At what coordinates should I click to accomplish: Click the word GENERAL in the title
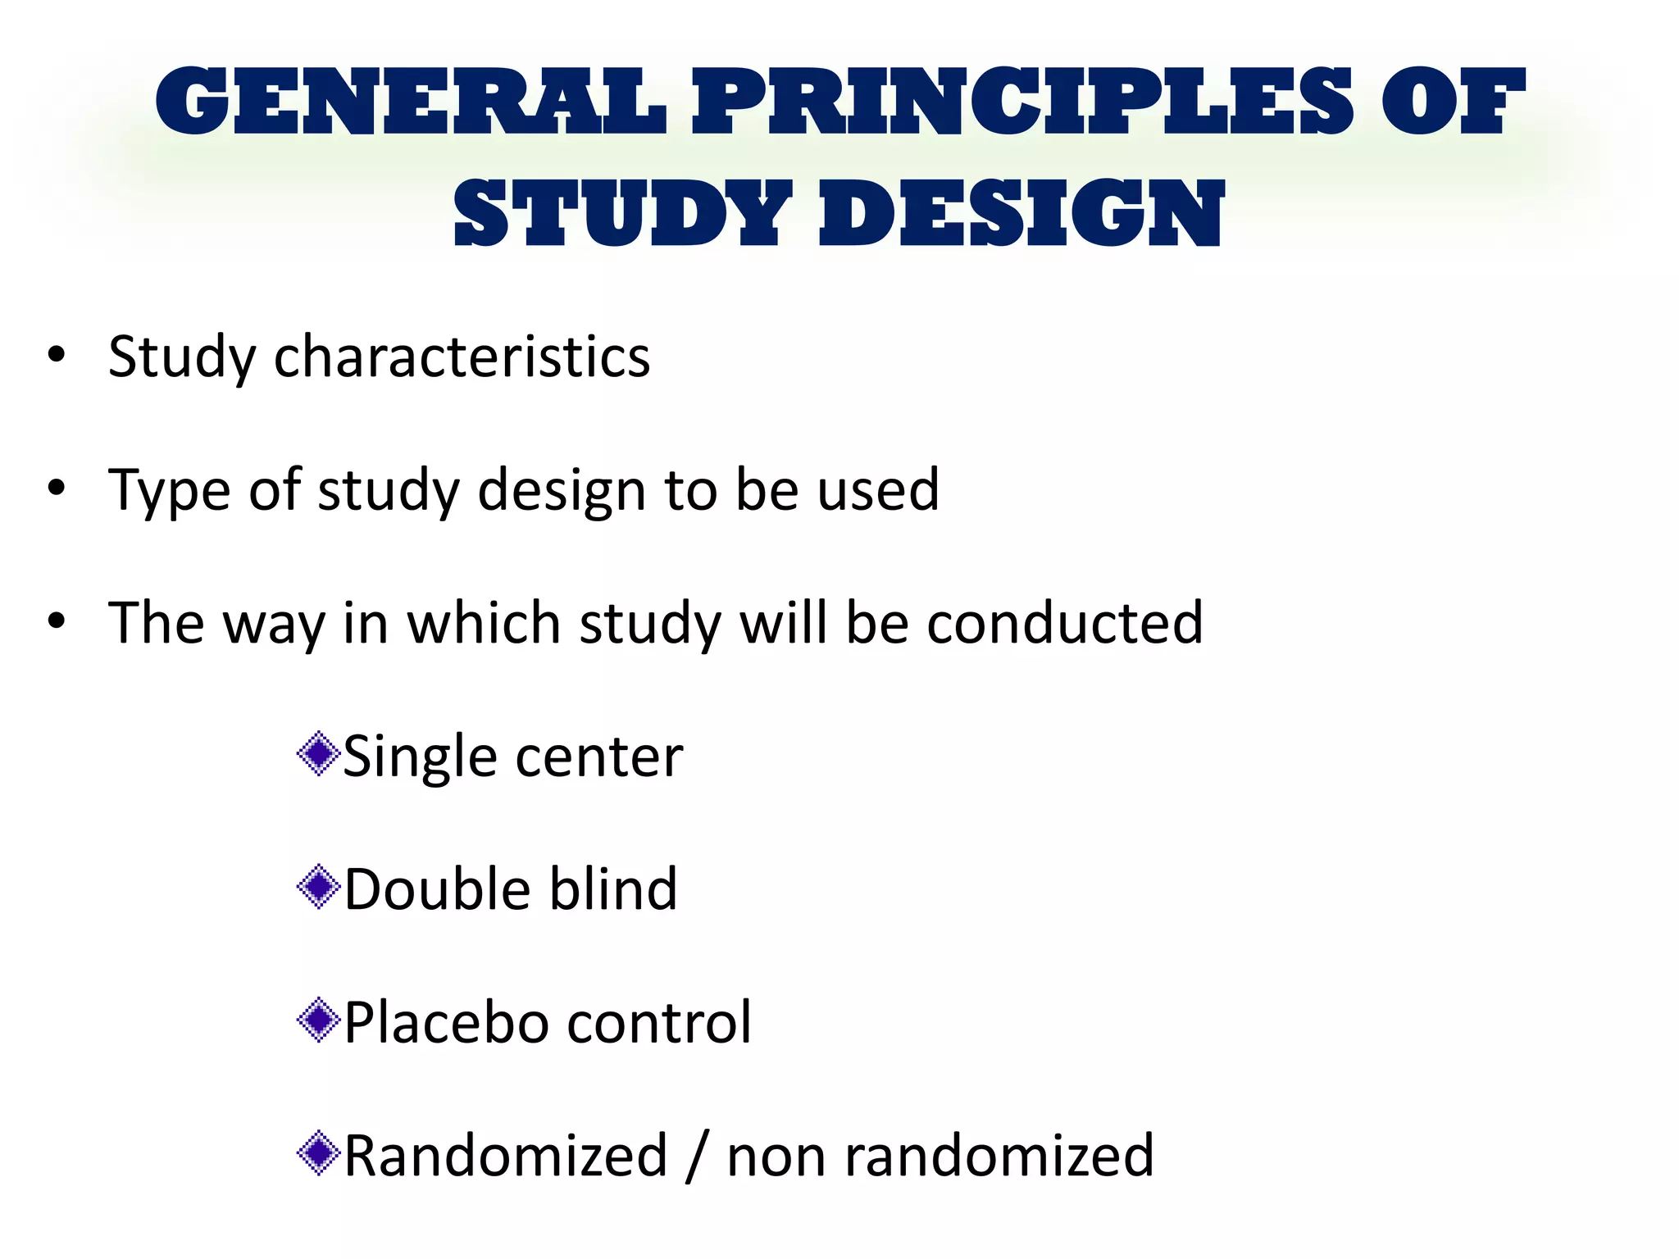pos(410,102)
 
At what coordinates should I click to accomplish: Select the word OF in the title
pos(1452,102)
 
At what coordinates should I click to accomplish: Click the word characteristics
pos(462,357)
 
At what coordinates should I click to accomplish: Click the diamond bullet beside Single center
pos(319,754)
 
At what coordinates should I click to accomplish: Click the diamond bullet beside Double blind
pos(319,887)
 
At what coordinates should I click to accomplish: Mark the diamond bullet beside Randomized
pos(319,1153)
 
